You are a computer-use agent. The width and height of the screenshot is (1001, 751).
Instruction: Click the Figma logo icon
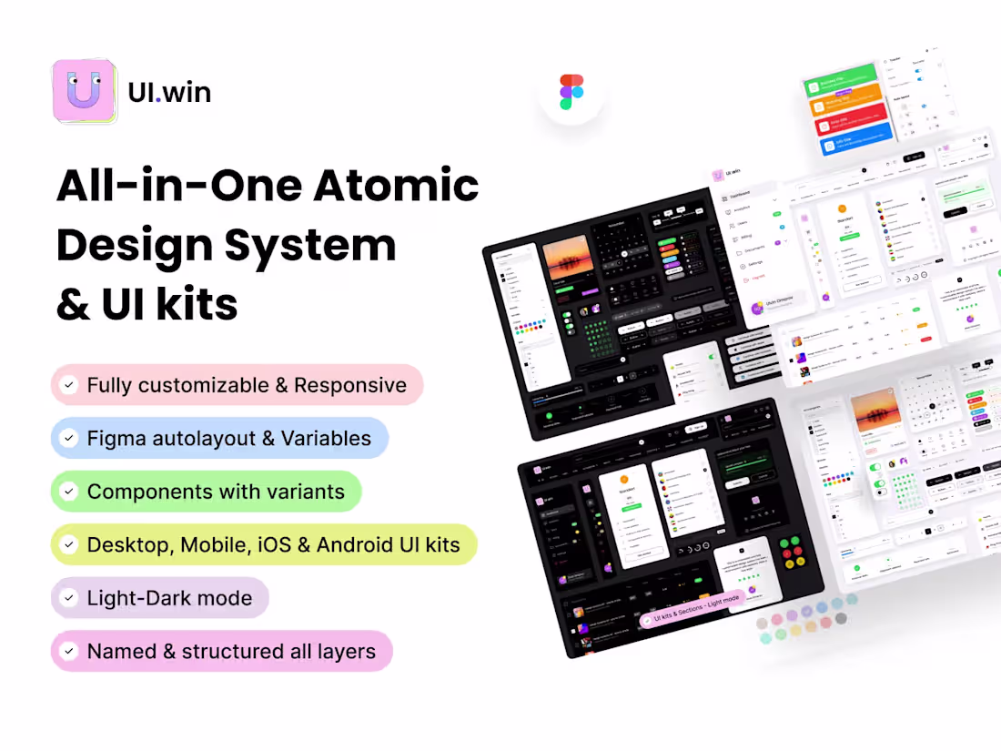[571, 92]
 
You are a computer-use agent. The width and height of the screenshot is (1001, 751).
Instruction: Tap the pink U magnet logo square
[84, 91]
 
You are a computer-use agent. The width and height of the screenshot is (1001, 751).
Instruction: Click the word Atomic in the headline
[396, 187]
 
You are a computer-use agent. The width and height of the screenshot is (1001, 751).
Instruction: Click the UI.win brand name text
[170, 92]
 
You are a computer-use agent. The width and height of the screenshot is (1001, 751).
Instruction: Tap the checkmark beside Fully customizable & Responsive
[68, 385]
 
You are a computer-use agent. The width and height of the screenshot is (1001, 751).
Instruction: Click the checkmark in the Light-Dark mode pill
[68, 598]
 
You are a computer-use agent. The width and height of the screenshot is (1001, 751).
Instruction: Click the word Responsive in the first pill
[349, 385]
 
